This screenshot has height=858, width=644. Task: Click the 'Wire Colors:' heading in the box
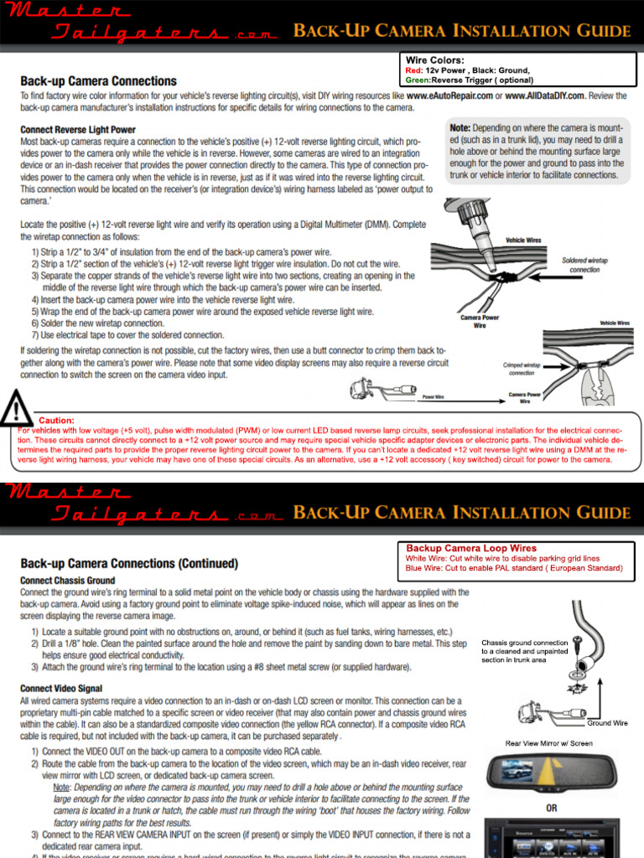click(434, 60)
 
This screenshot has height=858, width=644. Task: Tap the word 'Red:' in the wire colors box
click(414, 71)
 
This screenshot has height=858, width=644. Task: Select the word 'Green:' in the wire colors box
click(418, 80)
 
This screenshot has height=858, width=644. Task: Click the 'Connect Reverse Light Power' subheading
click(78, 130)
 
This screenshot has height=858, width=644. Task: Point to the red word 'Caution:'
click(56, 420)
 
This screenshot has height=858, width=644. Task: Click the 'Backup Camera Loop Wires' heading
click(471, 548)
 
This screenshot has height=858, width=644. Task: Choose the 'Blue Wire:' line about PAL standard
click(513, 568)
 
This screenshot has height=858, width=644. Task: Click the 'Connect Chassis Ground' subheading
click(68, 580)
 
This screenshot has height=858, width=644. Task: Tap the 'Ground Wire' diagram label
click(607, 722)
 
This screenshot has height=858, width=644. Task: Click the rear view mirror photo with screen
click(552, 778)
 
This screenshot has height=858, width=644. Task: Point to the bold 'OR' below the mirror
click(551, 809)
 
